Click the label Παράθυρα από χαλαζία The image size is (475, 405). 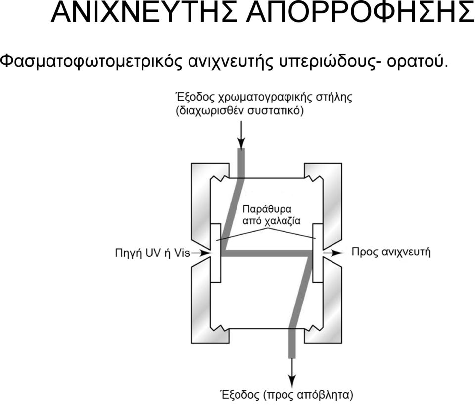click(x=272, y=215)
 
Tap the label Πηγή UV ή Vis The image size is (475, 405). click(x=152, y=253)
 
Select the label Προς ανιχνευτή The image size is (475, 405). click(x=391, y=252)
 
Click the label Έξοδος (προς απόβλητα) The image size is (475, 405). click(x=286, y=395)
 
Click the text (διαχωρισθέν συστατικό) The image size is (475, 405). click(x=239, y=111)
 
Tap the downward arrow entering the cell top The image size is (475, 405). click(x=241, y=135)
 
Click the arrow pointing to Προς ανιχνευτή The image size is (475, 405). click(x=333, y=252)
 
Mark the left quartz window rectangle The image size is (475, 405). click(x=215, y=253)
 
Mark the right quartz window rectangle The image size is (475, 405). click(x=318, y=253)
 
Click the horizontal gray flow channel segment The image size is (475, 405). click(x=267, y=253)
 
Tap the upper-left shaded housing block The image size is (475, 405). click(x=201, y=206)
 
